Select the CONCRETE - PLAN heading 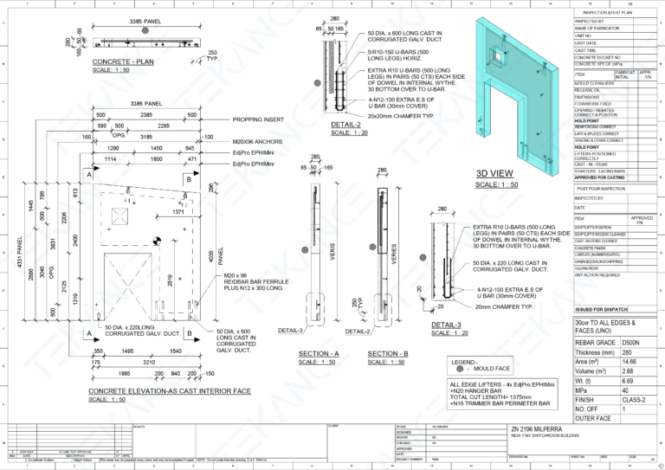click(x=125, y=62)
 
